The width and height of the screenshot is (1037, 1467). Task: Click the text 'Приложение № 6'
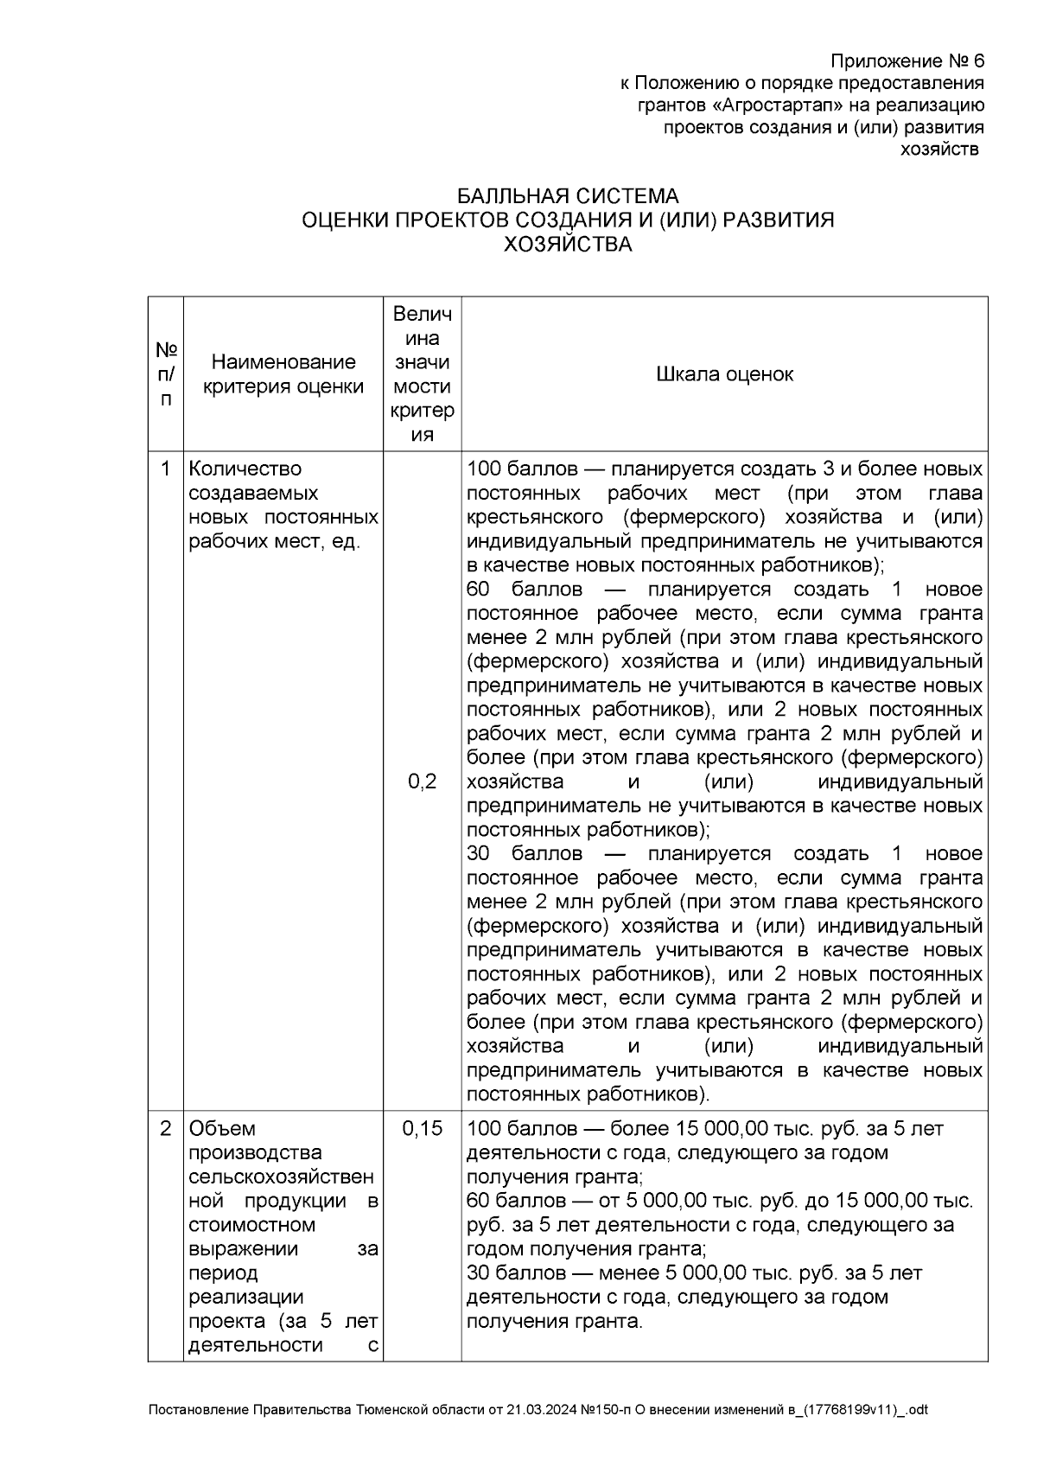907,61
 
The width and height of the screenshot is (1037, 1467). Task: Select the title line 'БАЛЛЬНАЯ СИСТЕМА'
568,196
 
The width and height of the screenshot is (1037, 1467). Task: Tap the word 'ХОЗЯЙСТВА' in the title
568,245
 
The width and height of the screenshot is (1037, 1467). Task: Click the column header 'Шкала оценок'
724,374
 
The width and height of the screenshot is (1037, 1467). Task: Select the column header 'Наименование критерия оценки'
283,374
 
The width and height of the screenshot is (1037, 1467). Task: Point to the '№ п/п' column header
166,374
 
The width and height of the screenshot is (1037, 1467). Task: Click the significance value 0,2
422,782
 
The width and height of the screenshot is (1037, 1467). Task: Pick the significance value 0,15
422,1129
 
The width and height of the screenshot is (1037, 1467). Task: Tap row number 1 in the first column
166,469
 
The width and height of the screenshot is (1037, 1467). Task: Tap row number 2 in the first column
166,1129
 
